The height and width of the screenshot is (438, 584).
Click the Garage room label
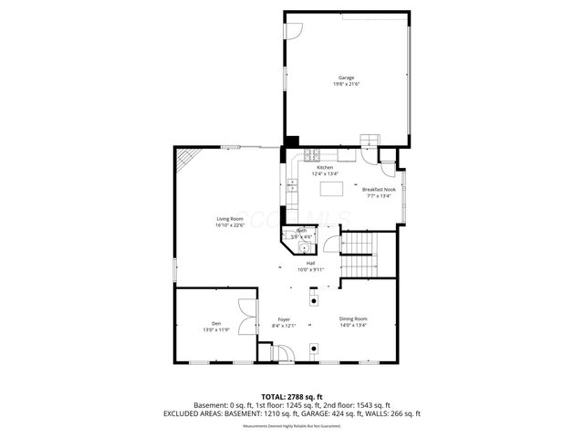pos(346,78)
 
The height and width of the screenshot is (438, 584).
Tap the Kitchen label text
pos(325,168)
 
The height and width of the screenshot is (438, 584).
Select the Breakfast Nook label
pos(378,189)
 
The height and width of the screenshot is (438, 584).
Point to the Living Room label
pos(229,219)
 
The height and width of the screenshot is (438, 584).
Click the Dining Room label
pos(352,318)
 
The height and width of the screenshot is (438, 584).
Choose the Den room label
pos(216,324)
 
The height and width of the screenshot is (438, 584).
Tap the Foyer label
pos(285,319)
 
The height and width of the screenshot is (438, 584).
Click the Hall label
pos(310,263)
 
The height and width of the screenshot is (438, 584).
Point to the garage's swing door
pos(294,30)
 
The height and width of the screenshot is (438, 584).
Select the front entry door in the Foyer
pos(283,353)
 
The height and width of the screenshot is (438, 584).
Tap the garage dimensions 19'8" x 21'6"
pos(346,84)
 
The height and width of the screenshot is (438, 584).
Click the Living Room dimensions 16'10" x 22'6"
pos(229,225)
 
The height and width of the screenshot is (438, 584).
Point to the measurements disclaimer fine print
pos(291,426)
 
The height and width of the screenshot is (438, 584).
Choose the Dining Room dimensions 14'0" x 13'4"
pos(352,325)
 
